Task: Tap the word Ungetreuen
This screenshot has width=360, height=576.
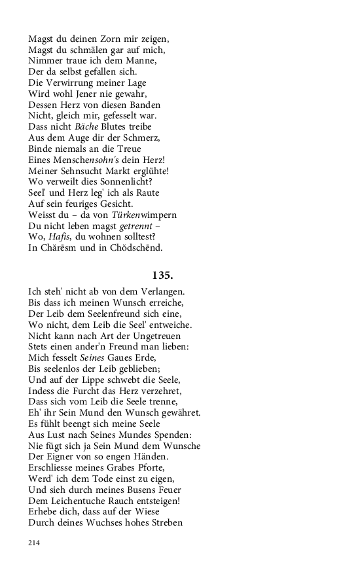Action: [138, 335]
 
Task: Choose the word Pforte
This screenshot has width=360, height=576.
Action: [156, 467]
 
